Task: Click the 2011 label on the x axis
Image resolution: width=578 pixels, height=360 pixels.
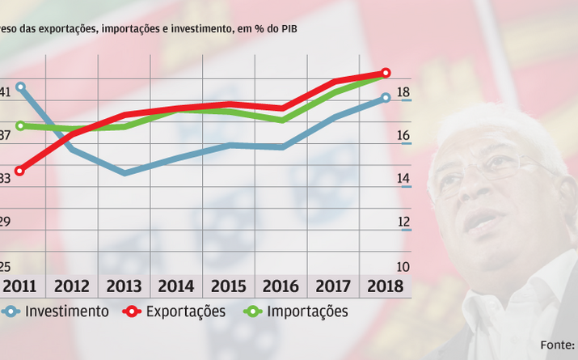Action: [19, 286]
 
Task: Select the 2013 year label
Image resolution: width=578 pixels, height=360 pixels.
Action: [124, 286]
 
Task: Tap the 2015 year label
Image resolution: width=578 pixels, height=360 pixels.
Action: [228, 286]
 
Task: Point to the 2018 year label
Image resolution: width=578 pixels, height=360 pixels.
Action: [385, 286]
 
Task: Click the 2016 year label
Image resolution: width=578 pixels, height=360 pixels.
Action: [281, 286]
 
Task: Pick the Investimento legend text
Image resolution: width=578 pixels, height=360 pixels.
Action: [67, 311]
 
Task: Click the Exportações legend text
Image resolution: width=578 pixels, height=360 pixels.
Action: [185, 311]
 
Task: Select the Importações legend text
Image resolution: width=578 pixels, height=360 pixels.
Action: [307, 311]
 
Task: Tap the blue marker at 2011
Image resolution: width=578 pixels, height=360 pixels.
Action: [20, 87]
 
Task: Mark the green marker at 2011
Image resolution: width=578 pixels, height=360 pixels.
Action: [20, 125]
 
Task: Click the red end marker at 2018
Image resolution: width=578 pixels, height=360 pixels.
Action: [386, 73]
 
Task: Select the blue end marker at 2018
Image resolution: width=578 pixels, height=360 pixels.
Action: [386, 97]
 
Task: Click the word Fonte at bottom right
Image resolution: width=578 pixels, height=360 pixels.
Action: [556, 345]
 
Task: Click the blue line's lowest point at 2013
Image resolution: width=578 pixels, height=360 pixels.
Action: [124, 173]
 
